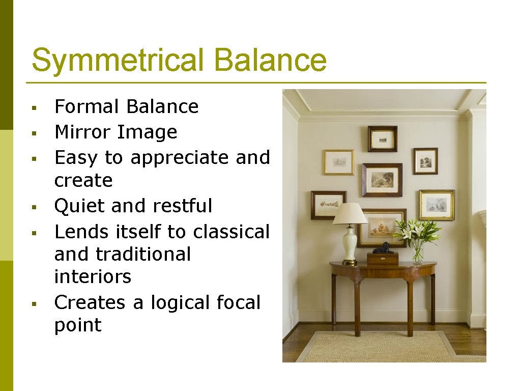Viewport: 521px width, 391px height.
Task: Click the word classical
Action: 231,232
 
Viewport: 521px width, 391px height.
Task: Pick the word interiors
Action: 93,276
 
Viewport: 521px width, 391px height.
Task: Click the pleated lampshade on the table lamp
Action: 350,213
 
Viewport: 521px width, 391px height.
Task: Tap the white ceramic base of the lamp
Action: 350,244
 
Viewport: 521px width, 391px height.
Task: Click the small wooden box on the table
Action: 383,258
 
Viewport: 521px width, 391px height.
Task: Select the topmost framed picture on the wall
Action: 382,138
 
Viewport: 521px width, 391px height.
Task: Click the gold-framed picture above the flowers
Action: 437,205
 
